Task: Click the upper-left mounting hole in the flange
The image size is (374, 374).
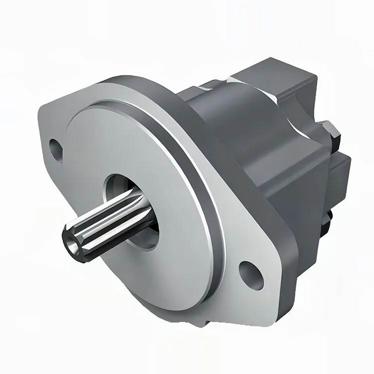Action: click(x=56, y=148)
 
